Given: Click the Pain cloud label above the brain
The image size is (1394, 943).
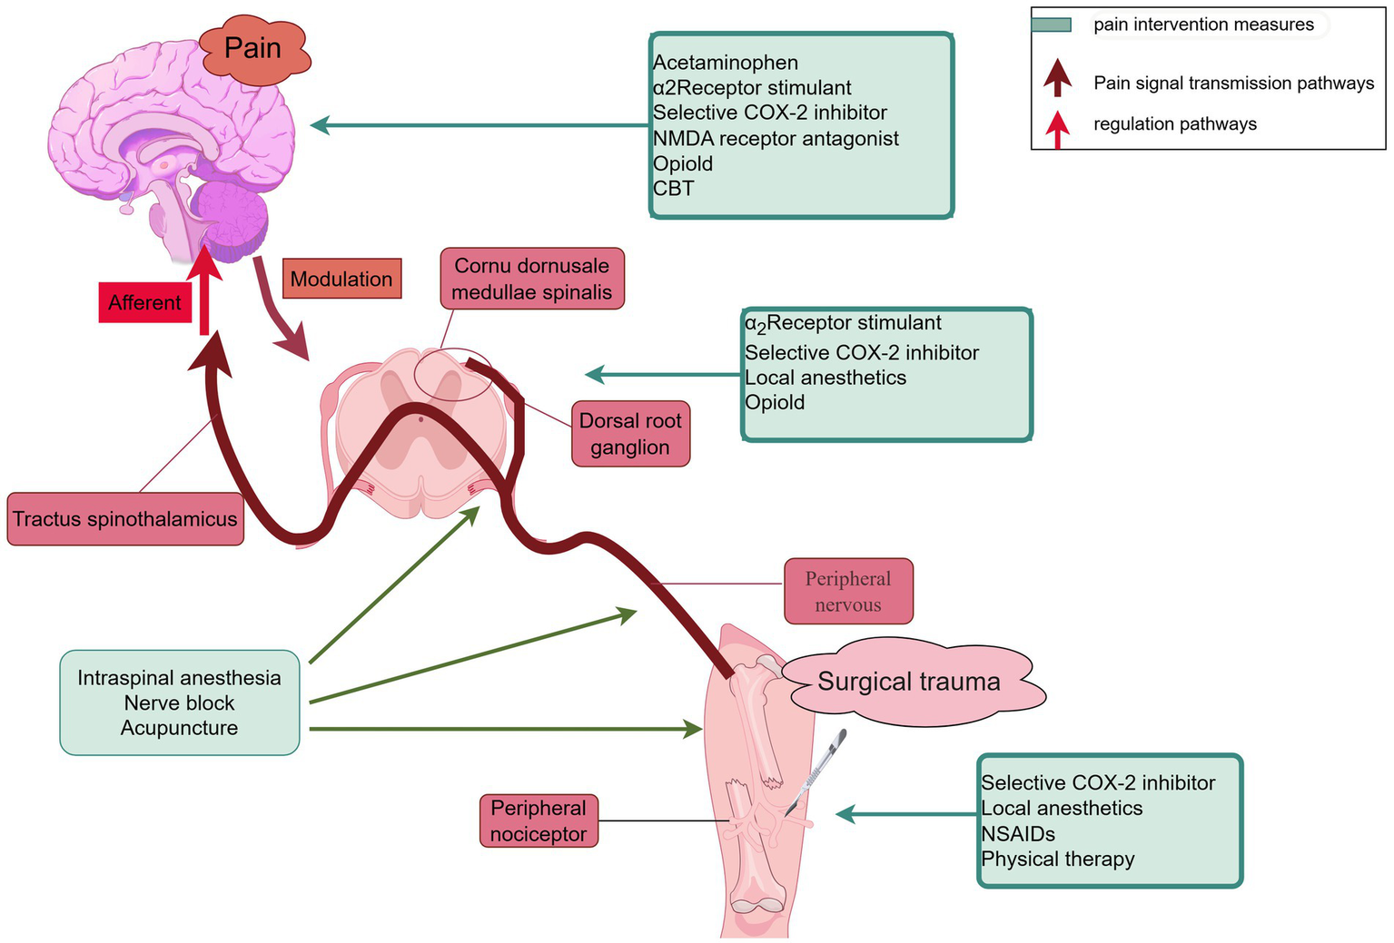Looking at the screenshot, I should click(x=253, y=49).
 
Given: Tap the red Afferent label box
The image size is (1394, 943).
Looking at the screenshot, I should click(x=145, y=302).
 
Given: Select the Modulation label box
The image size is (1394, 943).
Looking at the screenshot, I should click(x=341, y=279).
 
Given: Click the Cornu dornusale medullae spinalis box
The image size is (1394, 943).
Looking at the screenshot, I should click(x=532, y=280).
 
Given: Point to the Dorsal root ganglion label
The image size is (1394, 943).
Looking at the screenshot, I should click(x=630, y=434).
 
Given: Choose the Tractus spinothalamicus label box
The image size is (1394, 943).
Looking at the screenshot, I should click(x=125, y=519).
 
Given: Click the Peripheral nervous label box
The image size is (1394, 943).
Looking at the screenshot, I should click(x=847, y=591).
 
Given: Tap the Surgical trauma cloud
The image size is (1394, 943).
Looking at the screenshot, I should click(x=909, y=682).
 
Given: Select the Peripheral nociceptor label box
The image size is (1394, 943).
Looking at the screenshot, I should click(x=539, y=820).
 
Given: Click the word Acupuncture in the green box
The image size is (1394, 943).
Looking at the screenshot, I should click(x=180, y=728).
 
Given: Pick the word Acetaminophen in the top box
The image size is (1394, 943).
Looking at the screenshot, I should click(x=726, y=63).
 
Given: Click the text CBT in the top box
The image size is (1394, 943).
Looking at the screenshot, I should click(x=674, y=189).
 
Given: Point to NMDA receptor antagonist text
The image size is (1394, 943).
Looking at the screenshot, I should click(x=776, y=138).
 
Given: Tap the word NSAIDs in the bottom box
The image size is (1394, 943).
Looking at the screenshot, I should click(x=1018, y=833).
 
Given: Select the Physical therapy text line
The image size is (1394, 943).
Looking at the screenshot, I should click(x=1058, y=859).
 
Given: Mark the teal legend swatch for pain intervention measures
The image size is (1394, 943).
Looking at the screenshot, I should click(x=1052, y=25).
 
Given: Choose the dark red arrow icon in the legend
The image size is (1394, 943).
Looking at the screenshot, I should click(x=1057, y=79).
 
